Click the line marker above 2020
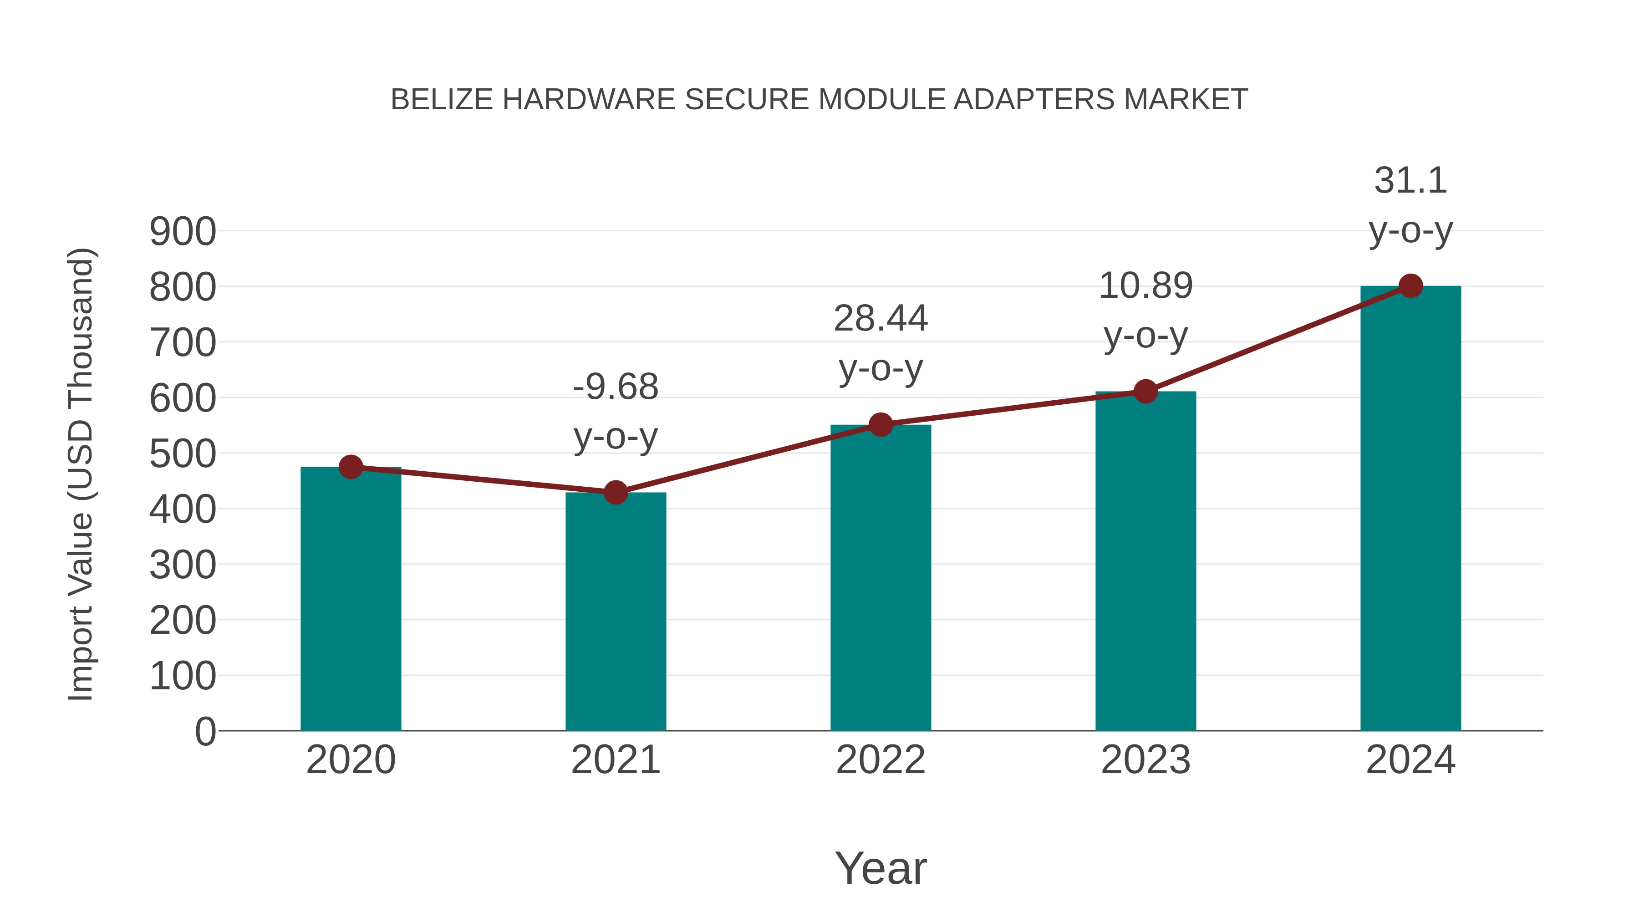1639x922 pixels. coord(351,467)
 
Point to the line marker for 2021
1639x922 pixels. coord(615,492)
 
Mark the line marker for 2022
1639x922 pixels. coord(881,424)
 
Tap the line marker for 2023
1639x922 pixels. coord(1145,391)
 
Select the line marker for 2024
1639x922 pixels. coord(1410,285)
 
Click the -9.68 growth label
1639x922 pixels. coord(615,387)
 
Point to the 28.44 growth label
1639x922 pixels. coord(881,318)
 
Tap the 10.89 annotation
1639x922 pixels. coord(1145,285)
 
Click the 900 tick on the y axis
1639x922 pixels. coord(183,232)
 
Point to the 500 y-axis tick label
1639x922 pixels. coord(183,454)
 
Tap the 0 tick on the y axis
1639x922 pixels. coord(205,732)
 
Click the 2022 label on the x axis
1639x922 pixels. coord(881,760)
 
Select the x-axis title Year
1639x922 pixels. coord(881,868)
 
